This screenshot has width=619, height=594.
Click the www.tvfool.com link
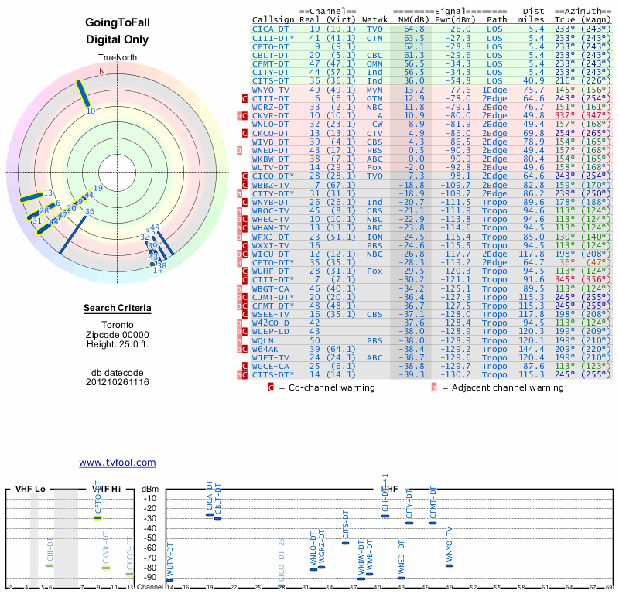117,463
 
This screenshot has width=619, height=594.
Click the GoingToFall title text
118,23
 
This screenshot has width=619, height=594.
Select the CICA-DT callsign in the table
271,28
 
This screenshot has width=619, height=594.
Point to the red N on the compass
101,71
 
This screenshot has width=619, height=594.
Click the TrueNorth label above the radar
118,58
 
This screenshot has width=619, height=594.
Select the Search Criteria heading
118,309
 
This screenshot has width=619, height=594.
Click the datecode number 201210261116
118,382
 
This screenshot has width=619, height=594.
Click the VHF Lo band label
30,489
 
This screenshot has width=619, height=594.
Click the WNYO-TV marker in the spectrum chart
449,565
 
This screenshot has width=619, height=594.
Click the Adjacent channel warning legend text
502,387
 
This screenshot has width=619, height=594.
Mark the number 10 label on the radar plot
91,111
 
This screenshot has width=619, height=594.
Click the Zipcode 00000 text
118,334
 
